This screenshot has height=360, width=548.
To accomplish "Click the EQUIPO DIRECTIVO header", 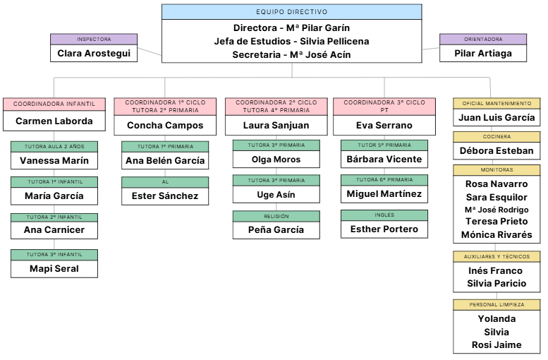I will [x=291, y=12].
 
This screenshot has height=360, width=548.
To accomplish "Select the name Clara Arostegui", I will [x=94, y=54].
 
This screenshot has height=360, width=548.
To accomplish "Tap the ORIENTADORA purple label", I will [x=483, y=40].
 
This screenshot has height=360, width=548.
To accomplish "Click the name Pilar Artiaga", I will [x=483, y=54].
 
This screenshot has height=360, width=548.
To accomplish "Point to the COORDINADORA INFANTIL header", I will [x=54, y=104].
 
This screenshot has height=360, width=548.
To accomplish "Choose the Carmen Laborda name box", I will [x=54, y=121].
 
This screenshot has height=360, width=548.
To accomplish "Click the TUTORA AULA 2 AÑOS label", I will [x=54, y=146].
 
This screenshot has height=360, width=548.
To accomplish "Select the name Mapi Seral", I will [x=54, y=268].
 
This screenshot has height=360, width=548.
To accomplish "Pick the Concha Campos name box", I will [x=165, y=125].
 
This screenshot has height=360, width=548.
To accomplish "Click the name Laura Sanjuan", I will [x=276, y=125].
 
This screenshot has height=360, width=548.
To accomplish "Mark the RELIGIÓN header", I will [x=276, y=216].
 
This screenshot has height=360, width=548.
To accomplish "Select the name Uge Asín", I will [x=276, y=194].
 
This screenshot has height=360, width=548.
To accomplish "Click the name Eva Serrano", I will [x=384, y=125].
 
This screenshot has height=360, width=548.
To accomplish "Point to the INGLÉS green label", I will [x=384, y=215].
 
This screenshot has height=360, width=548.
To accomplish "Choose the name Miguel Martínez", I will [x=384, y=193].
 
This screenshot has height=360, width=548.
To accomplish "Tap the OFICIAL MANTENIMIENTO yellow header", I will [x=497, y=103].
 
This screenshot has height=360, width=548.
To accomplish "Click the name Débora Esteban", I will [x=497, y=150].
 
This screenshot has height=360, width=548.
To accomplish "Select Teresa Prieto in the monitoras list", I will [x=497, y=222].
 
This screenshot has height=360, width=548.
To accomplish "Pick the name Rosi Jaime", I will [x=497, y=345].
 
